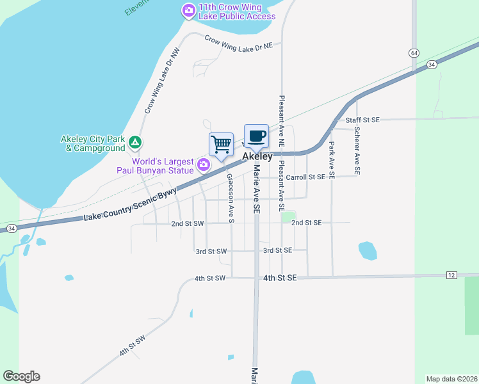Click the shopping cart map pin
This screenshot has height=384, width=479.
point(221,145)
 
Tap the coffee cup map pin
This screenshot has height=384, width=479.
point(256,136)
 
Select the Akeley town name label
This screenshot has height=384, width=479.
point(257,157)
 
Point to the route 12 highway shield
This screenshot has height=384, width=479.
point(451,275)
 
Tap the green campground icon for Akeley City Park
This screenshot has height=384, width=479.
point(134,141)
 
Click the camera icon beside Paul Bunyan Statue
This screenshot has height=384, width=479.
point(204,165)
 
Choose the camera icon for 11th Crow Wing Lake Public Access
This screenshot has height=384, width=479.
point(188,10)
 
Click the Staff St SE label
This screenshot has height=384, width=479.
point(362,120)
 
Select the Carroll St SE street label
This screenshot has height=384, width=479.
point(305,177)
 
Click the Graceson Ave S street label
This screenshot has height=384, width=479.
point(231,200)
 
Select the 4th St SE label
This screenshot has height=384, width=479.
point(280,278)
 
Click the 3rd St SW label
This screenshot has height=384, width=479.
point(211,252)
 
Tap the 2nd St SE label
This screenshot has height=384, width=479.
point(306,223)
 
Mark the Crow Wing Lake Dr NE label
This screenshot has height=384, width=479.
point(238,43)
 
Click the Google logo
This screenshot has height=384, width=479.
point(21,376)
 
